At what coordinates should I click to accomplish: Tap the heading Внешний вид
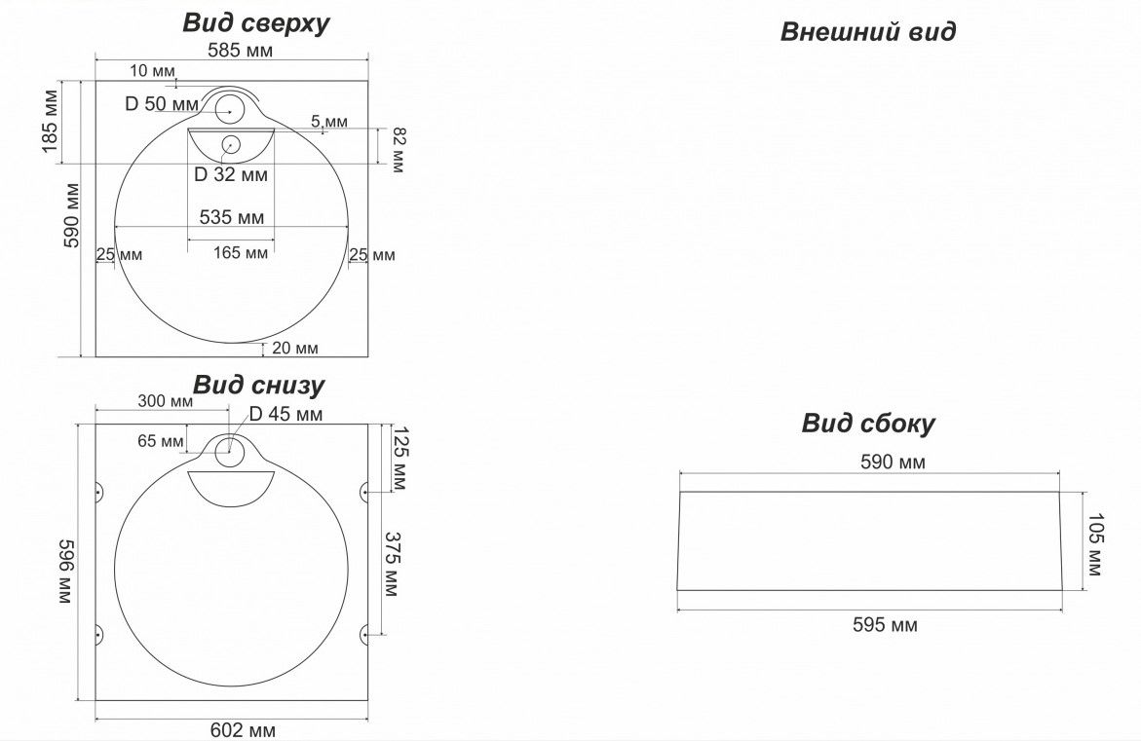tap(867, 32)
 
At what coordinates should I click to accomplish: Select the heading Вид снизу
tap(257, 385)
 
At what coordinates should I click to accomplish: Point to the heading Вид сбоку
tap(868, 424)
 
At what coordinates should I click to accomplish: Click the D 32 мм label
tap(230, 175)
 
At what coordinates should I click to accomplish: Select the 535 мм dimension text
tap(231, 216)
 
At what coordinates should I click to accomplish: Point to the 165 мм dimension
tap(240, 253)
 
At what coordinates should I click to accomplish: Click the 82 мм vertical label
tap(397, 151)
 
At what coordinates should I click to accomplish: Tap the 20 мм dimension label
tap(295, 348)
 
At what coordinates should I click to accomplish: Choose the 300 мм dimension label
tap(166, 401)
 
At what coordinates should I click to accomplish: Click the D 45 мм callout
tap(285, 415)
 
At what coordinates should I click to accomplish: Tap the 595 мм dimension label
tap(884, 625)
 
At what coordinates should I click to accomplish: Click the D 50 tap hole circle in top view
tap(231, 109)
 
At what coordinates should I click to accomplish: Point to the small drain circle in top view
tap(231, 146)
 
